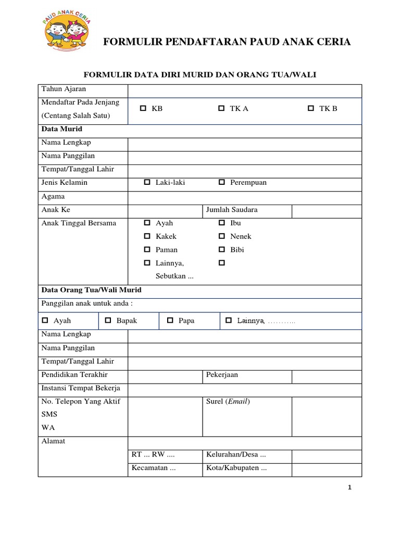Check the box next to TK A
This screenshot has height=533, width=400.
221,109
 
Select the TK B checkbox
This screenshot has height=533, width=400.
311,109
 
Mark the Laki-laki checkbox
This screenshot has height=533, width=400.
147,183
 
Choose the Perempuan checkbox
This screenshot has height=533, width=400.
221,183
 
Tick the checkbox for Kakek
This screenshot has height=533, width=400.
147,236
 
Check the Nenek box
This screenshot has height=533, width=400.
221,236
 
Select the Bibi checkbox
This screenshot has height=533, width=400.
221,250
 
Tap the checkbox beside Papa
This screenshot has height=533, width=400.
170,321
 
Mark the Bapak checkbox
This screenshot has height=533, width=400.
108,321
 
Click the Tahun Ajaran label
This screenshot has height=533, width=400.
64,89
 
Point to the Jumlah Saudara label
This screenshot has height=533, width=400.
232,210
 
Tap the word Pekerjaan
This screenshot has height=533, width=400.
222,375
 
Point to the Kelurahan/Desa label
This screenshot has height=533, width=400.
236,454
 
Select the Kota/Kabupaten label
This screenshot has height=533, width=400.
236,468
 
